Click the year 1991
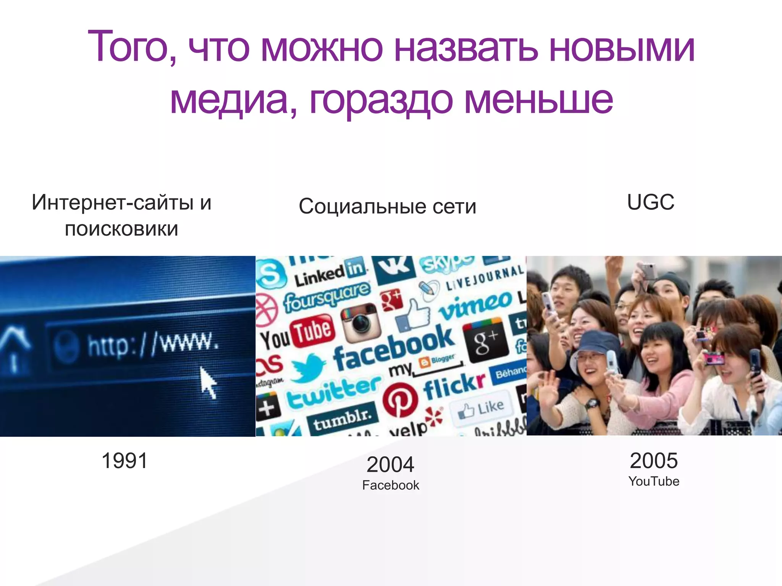point(124,460)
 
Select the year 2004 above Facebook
point(390,464)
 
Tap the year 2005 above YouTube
point(654,460)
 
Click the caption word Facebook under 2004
point(390,485)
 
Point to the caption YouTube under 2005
point(654,481)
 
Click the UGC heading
point(651,202)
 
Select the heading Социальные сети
point(387,206)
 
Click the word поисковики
point(121,229)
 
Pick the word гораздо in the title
point(381,100)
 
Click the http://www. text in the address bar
point(153,344)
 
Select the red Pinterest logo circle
point(399,399)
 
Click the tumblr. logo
point(342,418)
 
